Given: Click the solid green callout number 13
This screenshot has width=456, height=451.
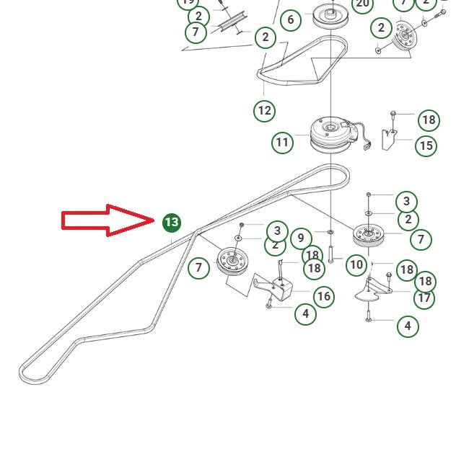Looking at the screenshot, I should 171,223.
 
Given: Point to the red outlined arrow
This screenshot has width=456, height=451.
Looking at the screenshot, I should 108,220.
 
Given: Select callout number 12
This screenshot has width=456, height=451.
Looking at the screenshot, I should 265,111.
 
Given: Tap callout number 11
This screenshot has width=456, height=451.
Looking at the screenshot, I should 282,142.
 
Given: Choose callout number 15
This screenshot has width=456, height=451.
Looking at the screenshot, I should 426,146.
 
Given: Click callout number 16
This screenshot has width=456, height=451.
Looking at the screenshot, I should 323,296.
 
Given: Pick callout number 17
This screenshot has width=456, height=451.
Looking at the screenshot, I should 424,298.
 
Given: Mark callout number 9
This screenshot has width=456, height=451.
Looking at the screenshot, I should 301,238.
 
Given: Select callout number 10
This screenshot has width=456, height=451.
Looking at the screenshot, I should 356,264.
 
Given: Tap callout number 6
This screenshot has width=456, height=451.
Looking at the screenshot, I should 291,19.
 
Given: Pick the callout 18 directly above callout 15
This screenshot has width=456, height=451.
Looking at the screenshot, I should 429,120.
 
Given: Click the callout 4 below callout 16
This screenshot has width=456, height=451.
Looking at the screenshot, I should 306,313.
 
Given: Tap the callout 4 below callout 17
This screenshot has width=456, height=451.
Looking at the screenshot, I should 408,326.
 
